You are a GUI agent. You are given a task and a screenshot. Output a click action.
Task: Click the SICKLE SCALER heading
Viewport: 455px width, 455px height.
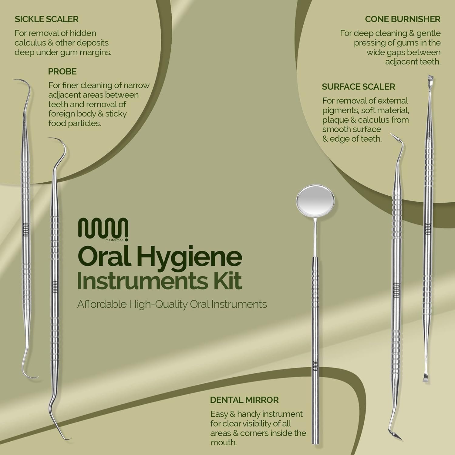pos(46,19)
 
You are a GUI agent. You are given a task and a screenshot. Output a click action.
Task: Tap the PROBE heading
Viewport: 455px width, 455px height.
pos(62,72)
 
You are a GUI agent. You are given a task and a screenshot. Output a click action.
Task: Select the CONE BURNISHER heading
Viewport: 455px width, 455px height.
pos(403,19)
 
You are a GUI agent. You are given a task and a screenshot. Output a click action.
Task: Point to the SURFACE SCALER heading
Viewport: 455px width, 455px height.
pos(358,87)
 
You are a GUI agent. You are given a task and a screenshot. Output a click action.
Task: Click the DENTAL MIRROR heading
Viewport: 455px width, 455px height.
pos(244,400)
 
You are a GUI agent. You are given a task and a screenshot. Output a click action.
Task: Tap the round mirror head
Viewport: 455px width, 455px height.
pos(316,202)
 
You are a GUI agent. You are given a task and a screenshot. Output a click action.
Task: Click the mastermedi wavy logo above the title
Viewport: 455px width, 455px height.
pos(103,229)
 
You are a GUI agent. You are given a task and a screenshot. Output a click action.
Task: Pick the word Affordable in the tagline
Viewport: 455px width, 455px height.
pos(102,304)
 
